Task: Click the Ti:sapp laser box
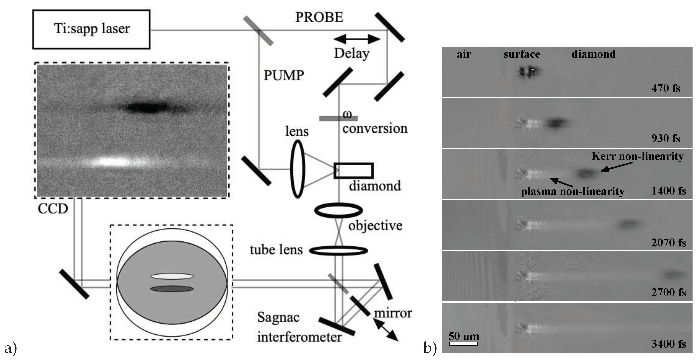point(91,29)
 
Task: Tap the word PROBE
point(319,17)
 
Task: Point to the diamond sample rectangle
point(353,170)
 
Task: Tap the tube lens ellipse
point(338,250)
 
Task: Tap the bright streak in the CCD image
point(114,162)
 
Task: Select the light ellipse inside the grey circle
point(172,276)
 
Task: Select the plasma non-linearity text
point(573,192)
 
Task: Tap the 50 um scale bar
point(463,344)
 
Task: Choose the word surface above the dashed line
point(522,54)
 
